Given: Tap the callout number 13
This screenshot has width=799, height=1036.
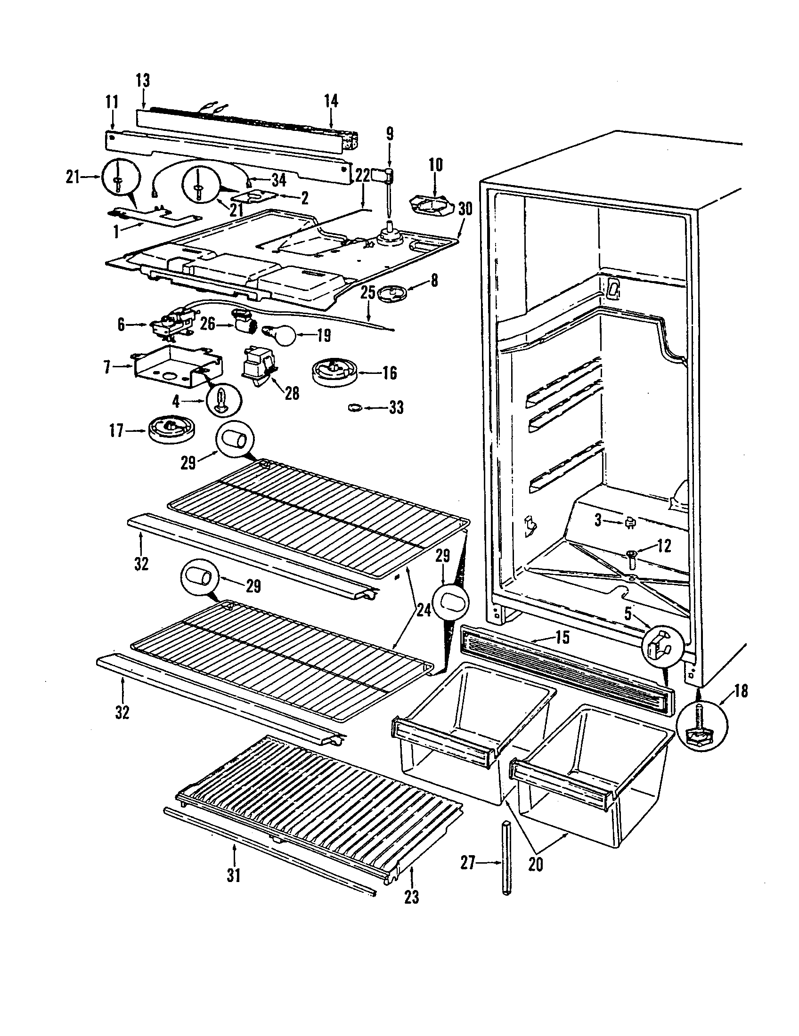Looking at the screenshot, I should click(142, 81).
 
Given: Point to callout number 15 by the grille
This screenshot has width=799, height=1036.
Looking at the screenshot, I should click(562, 637).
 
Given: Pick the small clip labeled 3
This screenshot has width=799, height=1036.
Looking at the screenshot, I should click(631, 522).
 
